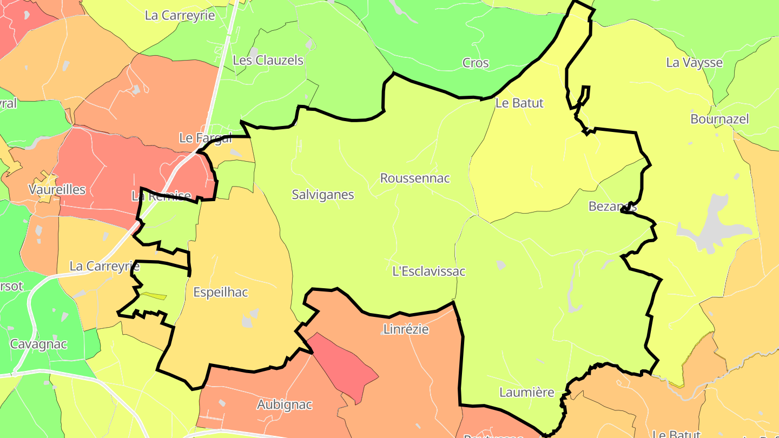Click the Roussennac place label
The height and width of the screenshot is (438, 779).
415,178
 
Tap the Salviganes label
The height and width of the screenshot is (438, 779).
323,195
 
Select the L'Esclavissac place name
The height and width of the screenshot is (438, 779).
429,271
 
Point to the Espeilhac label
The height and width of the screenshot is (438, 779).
221,293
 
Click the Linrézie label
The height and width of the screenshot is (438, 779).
406,329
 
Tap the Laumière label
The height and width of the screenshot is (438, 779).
526,393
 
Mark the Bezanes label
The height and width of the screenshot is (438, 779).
612,207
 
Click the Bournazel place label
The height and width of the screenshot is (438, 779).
719,119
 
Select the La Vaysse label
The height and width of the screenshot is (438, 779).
694,63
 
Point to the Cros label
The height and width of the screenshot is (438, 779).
476,63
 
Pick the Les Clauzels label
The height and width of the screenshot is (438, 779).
268,61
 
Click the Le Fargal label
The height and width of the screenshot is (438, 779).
205,138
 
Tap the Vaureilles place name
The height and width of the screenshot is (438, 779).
57,190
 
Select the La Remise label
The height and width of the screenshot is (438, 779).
161,196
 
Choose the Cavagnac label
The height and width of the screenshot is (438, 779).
38,344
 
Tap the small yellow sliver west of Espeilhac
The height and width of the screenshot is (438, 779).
154,296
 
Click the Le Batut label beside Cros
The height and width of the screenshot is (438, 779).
519,103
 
